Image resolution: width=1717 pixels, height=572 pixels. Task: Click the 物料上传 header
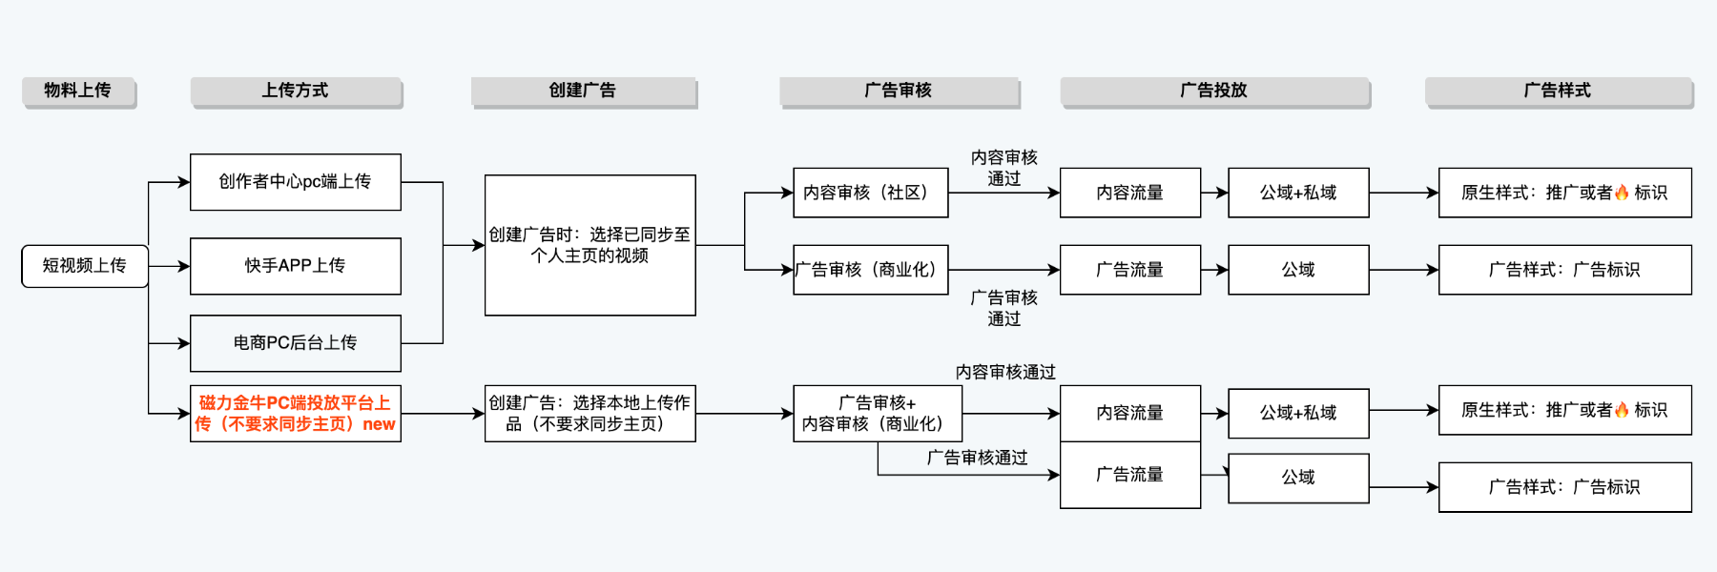pyautogui.click(x=78, y=92)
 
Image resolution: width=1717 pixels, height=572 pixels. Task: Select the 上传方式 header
pyautogui.click(x=296, y=92)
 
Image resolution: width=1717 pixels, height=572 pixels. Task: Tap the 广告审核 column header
pyautogui.click(x=899, y=92)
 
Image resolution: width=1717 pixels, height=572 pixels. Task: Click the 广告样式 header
pyautogui.click(x=1558, y=92)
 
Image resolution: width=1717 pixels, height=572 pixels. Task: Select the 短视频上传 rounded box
pyautogui.click(x=84, y=266)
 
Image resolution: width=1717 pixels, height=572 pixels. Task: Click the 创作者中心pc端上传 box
pyautogui.click(x=295, y=182)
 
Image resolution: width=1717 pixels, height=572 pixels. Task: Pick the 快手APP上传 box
pyautogui.click(x=295, y=266)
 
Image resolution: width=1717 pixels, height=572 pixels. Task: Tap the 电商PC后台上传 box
pyautogui.click(x=295, y=343)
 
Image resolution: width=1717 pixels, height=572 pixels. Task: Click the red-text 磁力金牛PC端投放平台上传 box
pyautogui.click(x=295, y=414)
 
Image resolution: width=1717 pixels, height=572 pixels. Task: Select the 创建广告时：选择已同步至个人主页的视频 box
pyautogui.click(x=590, y=245)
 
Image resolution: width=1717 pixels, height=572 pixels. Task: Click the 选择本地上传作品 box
pyautogui.click(x=590, y=414)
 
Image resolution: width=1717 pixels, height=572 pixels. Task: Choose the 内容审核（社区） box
pyautogui.click(x=870, y=193)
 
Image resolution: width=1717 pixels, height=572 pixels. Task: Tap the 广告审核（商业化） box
pyautogui.click(x=870, y=270)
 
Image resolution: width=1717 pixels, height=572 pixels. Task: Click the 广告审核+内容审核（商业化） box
pyautogui.click(x=877, y=414)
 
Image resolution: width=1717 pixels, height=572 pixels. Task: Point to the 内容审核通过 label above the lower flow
pyautogui.click(x=1005, y=373)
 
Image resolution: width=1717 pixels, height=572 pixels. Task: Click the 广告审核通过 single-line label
pyautogui.click(x=977, y=459)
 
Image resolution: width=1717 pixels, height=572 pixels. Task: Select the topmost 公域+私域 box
pyautogui.click(x=1298, y=193)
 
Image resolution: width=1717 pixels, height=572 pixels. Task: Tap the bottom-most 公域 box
pyautogui.click(x=1298, y=478)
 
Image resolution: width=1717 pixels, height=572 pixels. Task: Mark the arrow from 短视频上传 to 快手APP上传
pyautogui.click(x=170, y=266)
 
